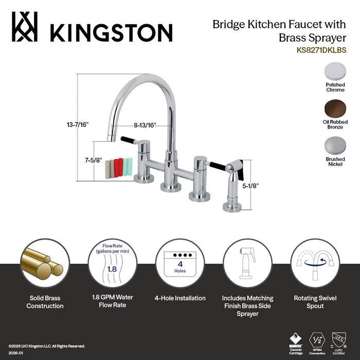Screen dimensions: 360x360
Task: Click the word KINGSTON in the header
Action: pos(111,32)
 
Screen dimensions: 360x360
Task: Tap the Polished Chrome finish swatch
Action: pos(335,71)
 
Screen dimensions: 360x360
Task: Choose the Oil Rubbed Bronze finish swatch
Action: pos(335,109)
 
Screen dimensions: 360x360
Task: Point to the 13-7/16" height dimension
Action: pos(78,124)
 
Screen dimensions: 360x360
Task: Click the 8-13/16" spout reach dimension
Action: pos(145,124)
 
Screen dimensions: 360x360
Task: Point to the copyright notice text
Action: pos(46,346)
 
